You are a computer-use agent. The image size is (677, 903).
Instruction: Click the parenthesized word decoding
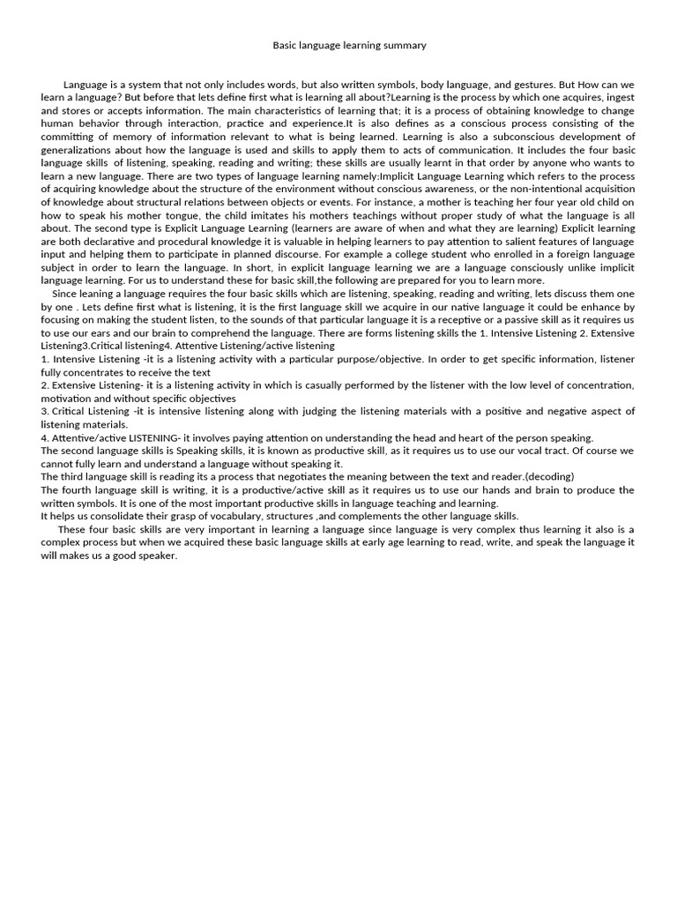point(549,477)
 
